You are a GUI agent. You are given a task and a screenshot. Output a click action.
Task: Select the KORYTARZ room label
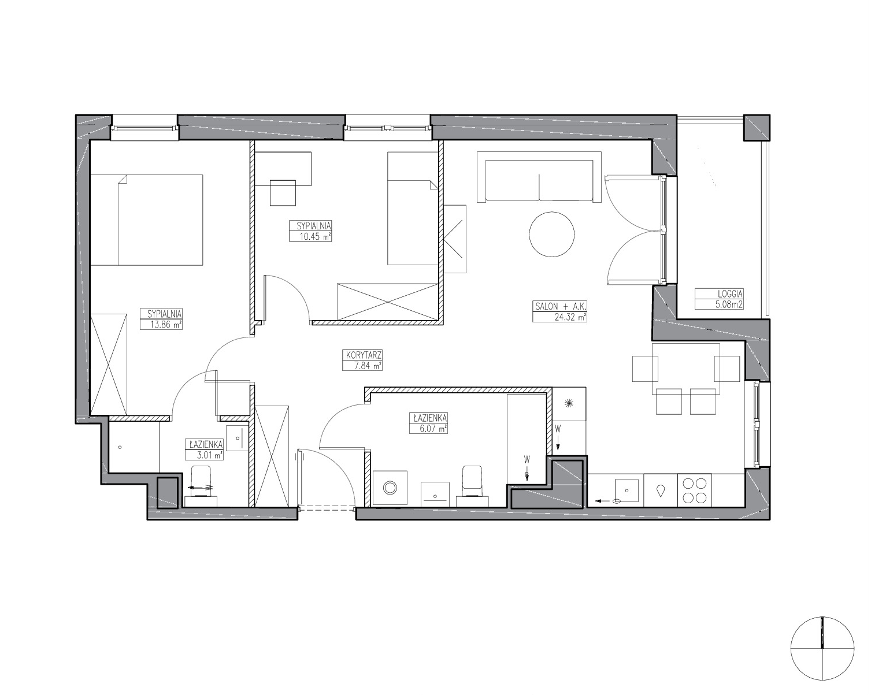click(362, 355)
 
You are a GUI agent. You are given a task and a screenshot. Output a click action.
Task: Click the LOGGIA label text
click(719, 293)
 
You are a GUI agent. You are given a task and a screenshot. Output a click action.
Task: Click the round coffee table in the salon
click(552, 234)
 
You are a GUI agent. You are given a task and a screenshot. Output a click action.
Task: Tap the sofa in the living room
click(539, 177)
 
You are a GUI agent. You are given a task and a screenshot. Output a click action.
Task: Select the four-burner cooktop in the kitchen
click(694, 490)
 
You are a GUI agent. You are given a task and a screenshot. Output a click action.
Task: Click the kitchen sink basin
click(627, 490)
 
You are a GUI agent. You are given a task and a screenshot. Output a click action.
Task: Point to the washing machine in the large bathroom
click(390, 488)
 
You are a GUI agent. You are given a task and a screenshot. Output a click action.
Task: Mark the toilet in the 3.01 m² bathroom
click(201, 485)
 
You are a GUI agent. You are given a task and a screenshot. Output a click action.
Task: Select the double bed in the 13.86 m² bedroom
click(146, 220)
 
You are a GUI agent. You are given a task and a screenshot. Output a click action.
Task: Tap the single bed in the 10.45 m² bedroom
click(413, 209)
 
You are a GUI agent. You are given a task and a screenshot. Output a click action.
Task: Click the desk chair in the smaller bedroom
click(283, 193)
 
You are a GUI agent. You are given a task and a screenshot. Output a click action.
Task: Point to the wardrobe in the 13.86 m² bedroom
click(109, 365)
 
